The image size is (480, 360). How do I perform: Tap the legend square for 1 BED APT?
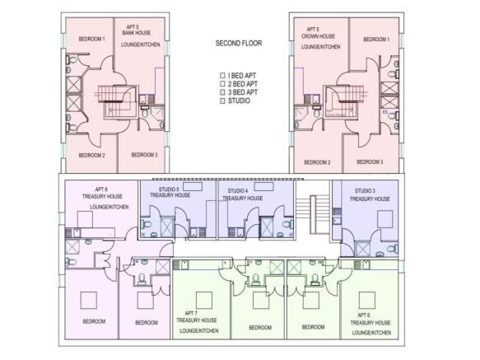[x=221, y=76]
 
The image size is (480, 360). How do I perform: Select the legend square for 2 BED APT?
[x=221, y=84]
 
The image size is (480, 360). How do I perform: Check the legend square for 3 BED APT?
[x=221, y=92]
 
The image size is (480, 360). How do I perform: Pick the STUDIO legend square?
[x=221, y=101]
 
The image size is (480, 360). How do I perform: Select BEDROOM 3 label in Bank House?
[x=144, y=154]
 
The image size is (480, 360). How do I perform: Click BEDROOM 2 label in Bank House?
[x=91, y=155]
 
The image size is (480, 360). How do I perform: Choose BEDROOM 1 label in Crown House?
[x=376, y=40]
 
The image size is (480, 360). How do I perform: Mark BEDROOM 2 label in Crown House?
[x=317, y=162]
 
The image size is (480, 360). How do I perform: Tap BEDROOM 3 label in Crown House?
[x=370, y=161]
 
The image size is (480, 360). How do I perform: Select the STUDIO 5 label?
[x=175, y=193]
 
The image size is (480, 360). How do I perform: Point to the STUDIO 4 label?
[x=242, y=194]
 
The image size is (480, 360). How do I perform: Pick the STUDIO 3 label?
[x=370, y=194]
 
